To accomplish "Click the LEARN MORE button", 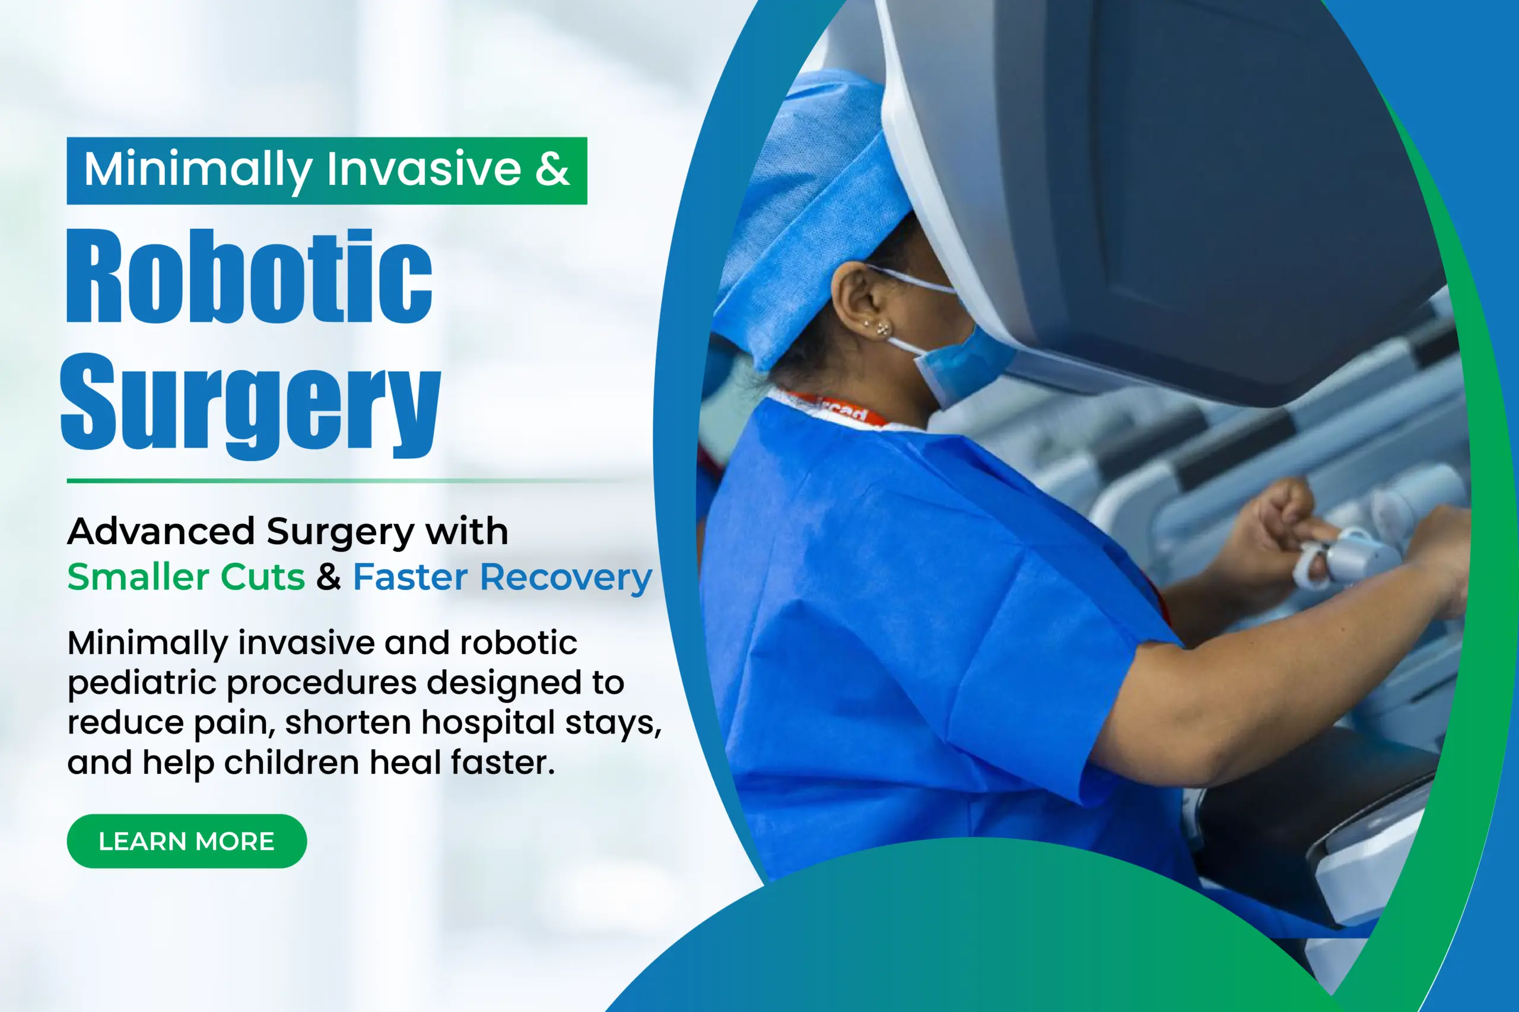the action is pyautogui.click(x=187, y=841).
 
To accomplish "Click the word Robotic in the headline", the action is pyautogui.click(x=250, y=276).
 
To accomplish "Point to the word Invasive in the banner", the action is pyautogui.click(x=424, y=169).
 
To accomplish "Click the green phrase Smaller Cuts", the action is pyautogui.click(x=186, y=576).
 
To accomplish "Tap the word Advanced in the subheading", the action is pyautogui.click(x=161, y=531).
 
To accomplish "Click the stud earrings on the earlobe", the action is pyautogui.click(x=882, y=329).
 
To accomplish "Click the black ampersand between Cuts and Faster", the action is pyautogui.click(x=329, y=576).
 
